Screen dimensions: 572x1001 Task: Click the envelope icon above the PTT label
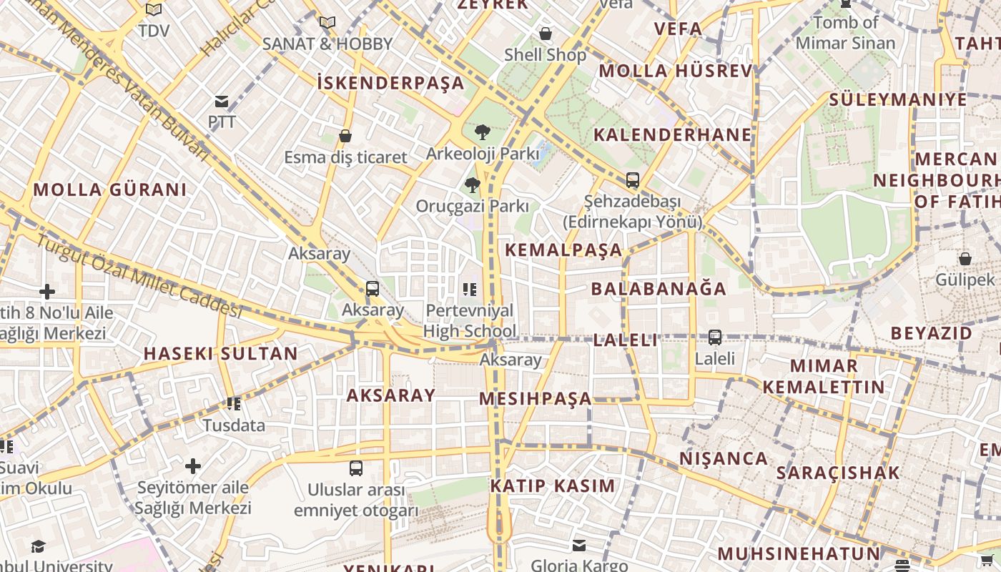coord(222,102)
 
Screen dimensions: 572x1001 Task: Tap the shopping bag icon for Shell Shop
coord(546,34)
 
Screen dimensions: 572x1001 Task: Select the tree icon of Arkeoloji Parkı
coord(483,132)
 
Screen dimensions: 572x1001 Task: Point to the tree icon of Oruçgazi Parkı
coord(472,185)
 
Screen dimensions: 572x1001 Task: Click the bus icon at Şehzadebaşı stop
coord(632,180)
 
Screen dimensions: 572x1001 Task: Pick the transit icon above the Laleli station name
coord(714,337)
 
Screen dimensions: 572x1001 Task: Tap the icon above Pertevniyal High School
coord(470,290)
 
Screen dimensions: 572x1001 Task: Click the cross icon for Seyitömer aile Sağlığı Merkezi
coord(193,466)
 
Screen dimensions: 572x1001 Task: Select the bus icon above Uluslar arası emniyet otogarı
coord(355,468)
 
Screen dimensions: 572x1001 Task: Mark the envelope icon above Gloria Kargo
coord(579,546)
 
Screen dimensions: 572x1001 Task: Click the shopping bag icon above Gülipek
coord(965,259)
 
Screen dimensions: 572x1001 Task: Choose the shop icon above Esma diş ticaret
coord(345,136)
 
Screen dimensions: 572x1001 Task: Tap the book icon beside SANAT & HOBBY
coord(327,23)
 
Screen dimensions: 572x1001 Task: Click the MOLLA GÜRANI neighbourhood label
coord(110,189)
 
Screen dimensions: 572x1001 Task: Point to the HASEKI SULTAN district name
coord(220,353)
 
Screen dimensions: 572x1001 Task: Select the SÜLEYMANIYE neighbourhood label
coord(898,99)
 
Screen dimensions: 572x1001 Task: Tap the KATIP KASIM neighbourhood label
coord(552,486)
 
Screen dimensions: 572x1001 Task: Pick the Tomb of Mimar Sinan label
coord(845,33)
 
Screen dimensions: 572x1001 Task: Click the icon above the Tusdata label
coord(233,404)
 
